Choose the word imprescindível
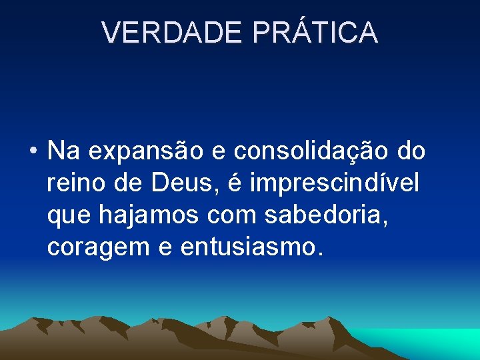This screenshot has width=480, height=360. coord(335,183)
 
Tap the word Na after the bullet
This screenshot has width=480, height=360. coord(64,152)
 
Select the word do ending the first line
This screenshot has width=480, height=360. coord(411,152)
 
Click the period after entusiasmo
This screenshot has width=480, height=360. coord(319,254)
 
